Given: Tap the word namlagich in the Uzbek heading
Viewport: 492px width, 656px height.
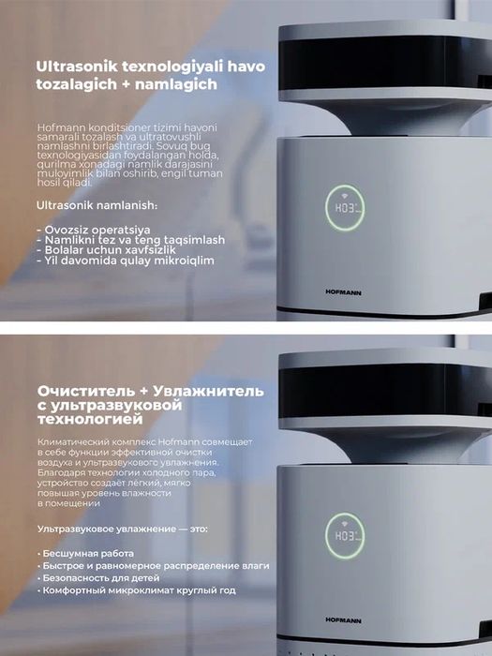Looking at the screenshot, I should pyautogui.click(x=178, y=84).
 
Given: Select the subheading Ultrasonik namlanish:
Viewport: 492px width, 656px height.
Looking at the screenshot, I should pyautogui.click(x=97, y=204).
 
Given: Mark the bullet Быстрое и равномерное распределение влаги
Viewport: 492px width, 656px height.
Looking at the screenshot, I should pyautogui.click(x=156, y=566).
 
